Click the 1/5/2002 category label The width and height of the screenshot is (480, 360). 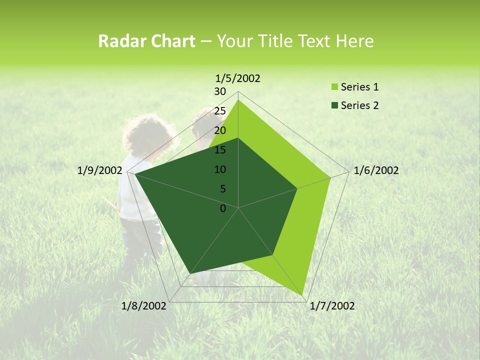(237, 78)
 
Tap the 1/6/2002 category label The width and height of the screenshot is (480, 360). (376, 170)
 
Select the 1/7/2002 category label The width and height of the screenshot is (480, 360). (332, 306)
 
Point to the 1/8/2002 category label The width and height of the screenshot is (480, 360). (144, 306)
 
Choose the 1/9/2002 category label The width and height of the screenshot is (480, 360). (99, 170)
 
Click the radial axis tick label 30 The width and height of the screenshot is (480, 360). (220, 91)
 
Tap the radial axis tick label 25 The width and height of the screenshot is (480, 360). (220, 111)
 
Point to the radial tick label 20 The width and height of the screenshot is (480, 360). (220, 130)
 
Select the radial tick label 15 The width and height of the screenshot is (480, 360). (220, 150)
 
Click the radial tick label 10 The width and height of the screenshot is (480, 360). (220, 169)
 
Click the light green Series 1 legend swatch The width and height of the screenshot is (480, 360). (335, 87)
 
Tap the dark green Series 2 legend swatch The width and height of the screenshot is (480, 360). (335, 105)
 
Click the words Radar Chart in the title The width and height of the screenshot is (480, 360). (146, 41)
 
